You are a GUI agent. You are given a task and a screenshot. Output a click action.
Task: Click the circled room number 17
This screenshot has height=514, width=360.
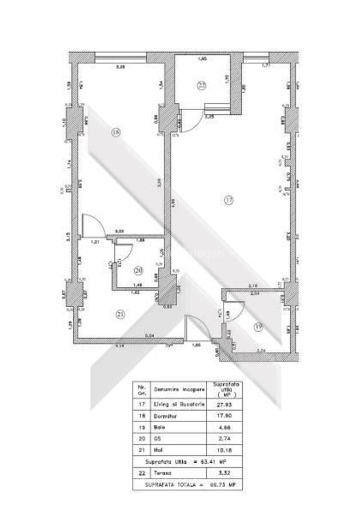tap(229, 200)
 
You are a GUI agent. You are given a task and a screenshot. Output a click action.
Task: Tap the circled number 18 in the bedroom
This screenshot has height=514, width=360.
tap(116, 132)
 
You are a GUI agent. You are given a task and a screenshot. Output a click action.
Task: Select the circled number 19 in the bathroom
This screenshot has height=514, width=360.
tap(258, 327)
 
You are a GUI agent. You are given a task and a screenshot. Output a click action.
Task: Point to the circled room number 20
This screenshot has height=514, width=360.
tap(138, 271)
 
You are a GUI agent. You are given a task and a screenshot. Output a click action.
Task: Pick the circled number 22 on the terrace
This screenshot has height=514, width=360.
tap(201, 86)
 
